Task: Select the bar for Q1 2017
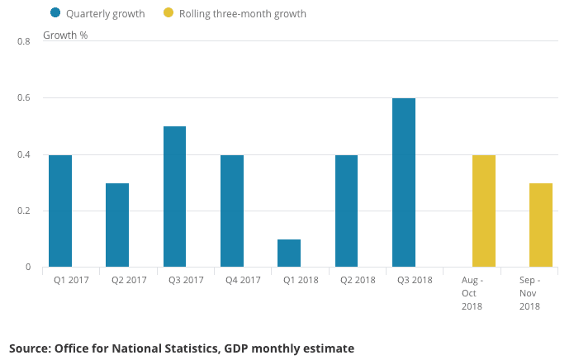(x=60, y=211)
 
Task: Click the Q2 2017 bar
(x=117, y=225)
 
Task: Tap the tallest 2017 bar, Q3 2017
(x=174, y=197)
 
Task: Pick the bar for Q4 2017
(x=232, y=211)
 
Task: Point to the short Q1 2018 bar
(x=289, y=253)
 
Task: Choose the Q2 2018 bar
(x=347, y=211)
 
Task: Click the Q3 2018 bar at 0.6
(x=404, y=182)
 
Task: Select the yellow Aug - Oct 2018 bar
(x=484, y=211)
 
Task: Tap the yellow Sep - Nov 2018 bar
(x=541, y=225)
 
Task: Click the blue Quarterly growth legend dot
(x=55, y=12)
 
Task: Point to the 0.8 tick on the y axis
(x=24, y=41)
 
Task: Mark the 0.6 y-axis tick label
(x=24, y=98)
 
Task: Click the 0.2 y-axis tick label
(x=24, y=211)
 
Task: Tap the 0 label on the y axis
(x=27, y=267)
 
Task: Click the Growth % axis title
(x=65, y=36)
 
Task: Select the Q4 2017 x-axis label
(x=243, y=280)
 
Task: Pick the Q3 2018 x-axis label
(x=415, y=280)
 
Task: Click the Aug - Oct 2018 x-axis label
(x=472, y=293)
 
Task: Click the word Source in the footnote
(x=31, y=348)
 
